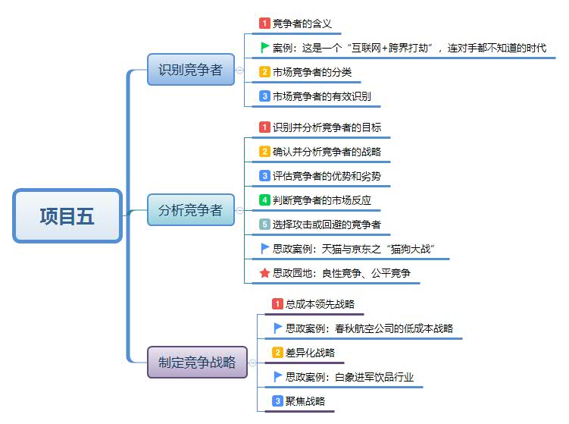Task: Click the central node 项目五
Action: [67, 216]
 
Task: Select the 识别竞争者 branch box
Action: [190, 70]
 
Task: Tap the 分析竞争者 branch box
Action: [190, 210]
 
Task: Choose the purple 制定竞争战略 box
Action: [197, 362]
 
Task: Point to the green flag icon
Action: [264, 47]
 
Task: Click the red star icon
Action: [264, 272]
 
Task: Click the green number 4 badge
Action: [264, 200]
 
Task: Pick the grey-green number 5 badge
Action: [264, 225]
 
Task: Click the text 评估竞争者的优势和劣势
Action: [327, 176]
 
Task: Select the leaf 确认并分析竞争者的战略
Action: [327, 152]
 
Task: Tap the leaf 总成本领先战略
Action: [319, 304]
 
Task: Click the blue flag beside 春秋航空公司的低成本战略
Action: [278, 328]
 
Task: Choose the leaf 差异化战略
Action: [309, 353]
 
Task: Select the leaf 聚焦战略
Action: [305, 401]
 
